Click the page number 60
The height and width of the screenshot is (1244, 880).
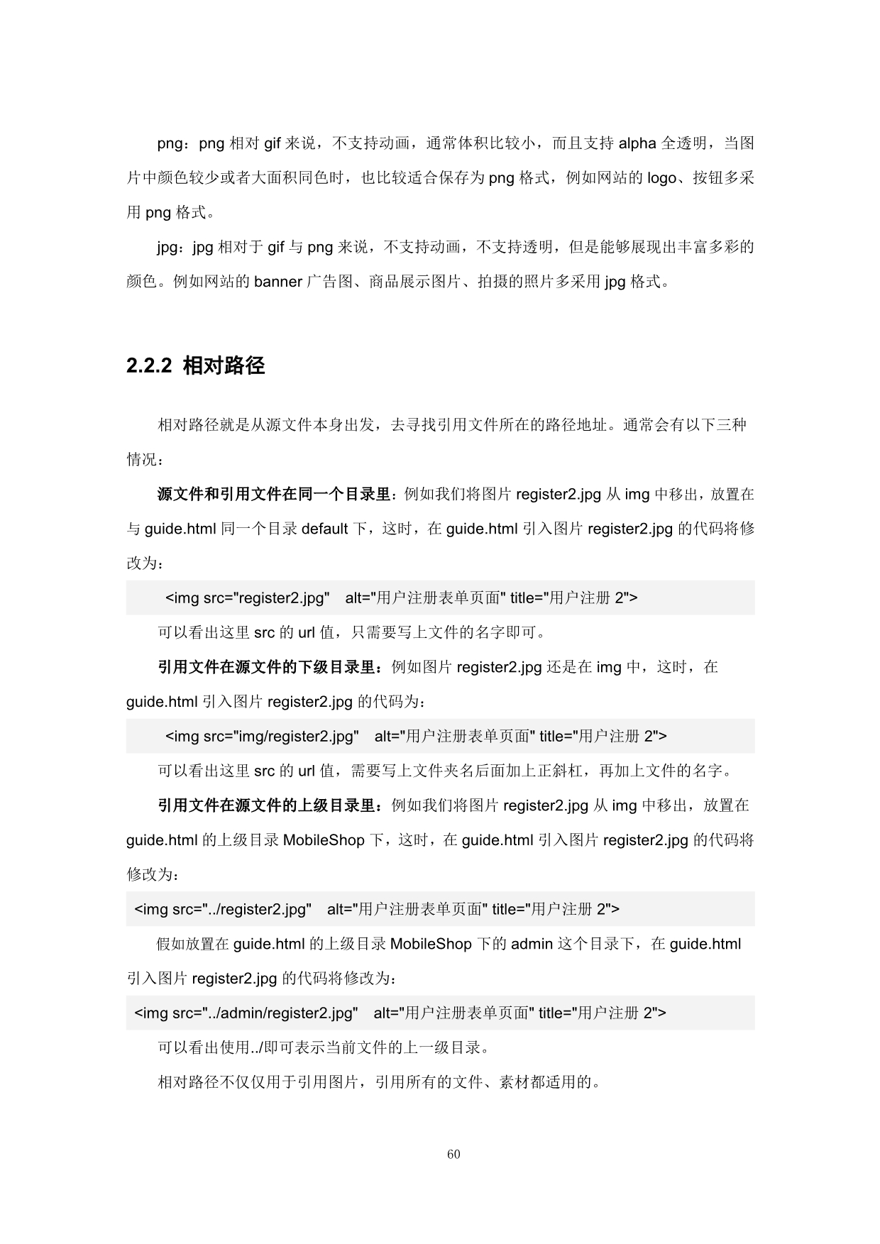pyautogui.click(x=453, y=1154)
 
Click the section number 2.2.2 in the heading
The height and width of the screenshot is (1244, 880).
pyautogui.click(x=149, y=365)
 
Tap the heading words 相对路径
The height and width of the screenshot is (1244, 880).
pyautogui.click(x=224, y=365)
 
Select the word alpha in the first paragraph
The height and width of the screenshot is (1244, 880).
pyautogui.click(x=637, y=143)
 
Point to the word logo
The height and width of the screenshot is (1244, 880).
pyautogui.click(x=661, y=178)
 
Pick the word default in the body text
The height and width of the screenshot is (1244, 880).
pyautogui.click(x=325, y=529)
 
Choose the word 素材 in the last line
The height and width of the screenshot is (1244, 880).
pyautogui.click(x=514, y=1083)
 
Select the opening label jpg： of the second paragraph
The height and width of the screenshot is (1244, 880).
pyautogui.click(x=171, y=247)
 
